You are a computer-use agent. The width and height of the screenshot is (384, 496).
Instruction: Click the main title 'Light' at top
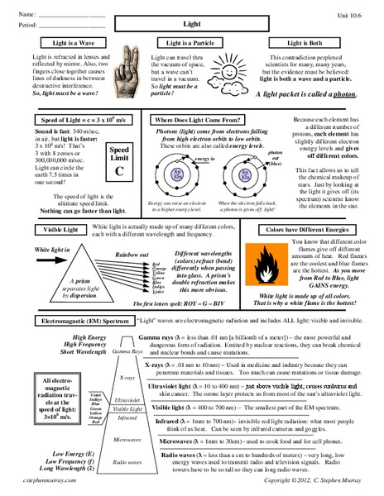tap(191, 25)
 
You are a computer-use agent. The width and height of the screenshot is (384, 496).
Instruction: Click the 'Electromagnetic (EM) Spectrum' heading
tap(80, 319)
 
